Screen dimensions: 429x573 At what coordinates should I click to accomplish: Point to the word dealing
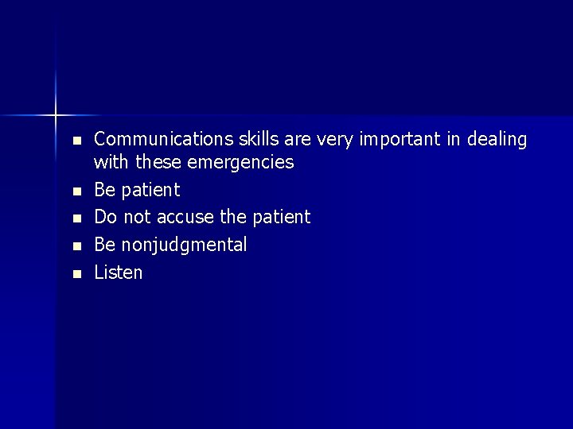(x=497, y=140)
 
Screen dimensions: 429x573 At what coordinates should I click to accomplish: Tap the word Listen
(x=119, y=272)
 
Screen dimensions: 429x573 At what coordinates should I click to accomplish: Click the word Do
(x=105, y=217)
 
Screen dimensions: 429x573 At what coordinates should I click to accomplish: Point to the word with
(x=111, y=164)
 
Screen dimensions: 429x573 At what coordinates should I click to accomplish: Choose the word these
(x=158, y=164)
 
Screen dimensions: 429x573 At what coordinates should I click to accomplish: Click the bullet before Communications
(x=76, y=141)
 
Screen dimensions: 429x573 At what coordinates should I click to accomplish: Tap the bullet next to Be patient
(x=76, y=191)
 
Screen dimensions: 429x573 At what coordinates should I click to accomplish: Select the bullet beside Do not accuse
(x=76, y=218)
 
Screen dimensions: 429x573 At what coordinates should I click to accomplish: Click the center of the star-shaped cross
(x=57, y=115)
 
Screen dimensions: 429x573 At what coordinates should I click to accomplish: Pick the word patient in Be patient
(x=150, y=191)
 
